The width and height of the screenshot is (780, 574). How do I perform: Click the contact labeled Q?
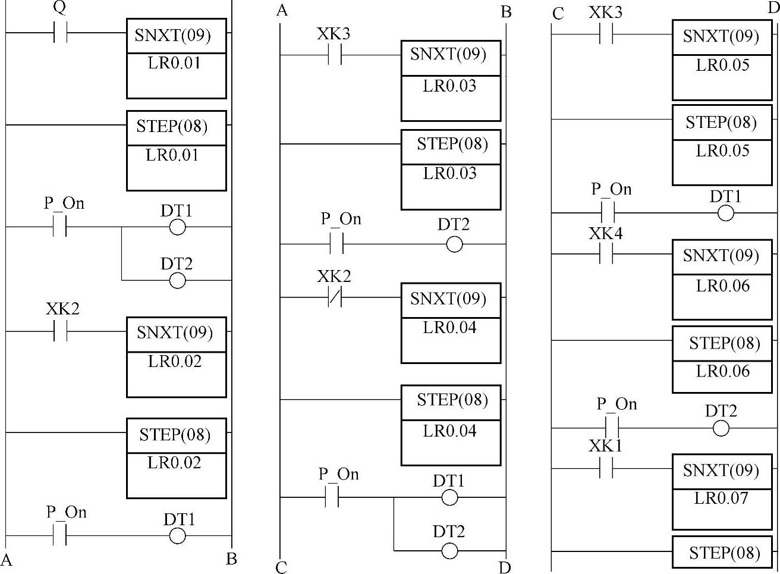click(59, 33)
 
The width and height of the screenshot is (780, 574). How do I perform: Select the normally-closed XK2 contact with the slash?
click(335, 297)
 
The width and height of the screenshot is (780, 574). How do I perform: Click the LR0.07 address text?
click(721, 498)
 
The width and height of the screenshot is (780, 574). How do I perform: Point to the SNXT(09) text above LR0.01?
click(172, 35)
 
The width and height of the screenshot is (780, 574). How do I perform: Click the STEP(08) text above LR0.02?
click(175, 434)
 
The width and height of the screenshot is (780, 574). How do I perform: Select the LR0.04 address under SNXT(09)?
click(449, 327)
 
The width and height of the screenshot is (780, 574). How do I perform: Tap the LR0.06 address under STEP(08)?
click(722, 371)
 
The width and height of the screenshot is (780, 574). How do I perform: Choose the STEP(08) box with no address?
click(724, 553)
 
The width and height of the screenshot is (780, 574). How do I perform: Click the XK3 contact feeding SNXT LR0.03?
click(335, 55)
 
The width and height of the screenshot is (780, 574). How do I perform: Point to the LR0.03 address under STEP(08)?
click(449, 173)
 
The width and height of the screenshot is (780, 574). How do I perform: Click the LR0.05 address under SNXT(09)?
click(722, 65)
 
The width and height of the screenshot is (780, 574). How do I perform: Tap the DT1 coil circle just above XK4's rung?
click(725, 213)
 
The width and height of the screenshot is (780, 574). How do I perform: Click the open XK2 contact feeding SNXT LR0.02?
click(59, 331)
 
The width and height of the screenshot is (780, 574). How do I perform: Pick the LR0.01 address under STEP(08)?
click(172, 155)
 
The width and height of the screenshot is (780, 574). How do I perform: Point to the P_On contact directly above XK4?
click(607, 212)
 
